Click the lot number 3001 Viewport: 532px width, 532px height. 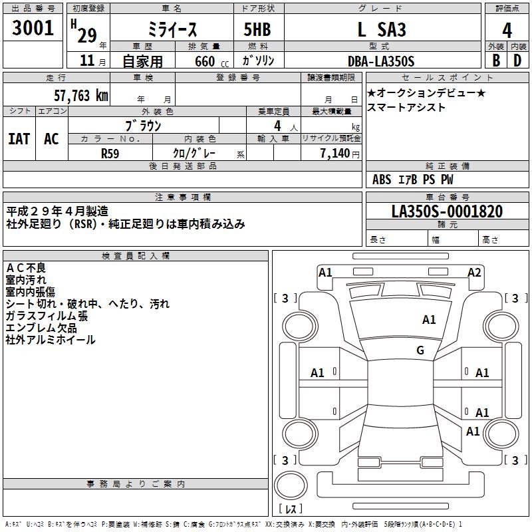point(33,28)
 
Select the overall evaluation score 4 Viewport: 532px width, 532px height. point(507,30)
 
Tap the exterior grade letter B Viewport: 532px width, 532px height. point(495,61)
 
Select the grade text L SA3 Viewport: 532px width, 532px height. point(381,30)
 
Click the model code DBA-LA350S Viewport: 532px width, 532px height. point(381,61)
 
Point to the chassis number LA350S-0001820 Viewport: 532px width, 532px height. point(446,211)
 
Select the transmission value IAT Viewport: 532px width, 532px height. point(19,138)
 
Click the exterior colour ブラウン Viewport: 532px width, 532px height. point(143,125)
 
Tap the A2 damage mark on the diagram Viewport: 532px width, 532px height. point(474,272)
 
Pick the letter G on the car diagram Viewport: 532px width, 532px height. point(420,350)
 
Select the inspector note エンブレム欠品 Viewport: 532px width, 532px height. point(41,328)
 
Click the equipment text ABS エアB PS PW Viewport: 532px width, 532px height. point(413,180)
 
